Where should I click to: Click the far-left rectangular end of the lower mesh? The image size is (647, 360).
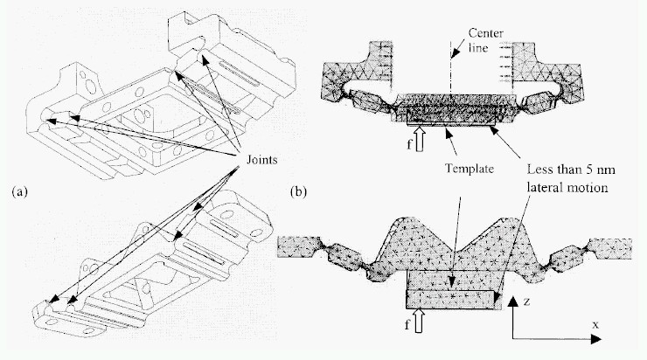pyautogui.click(x=297, y=246)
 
